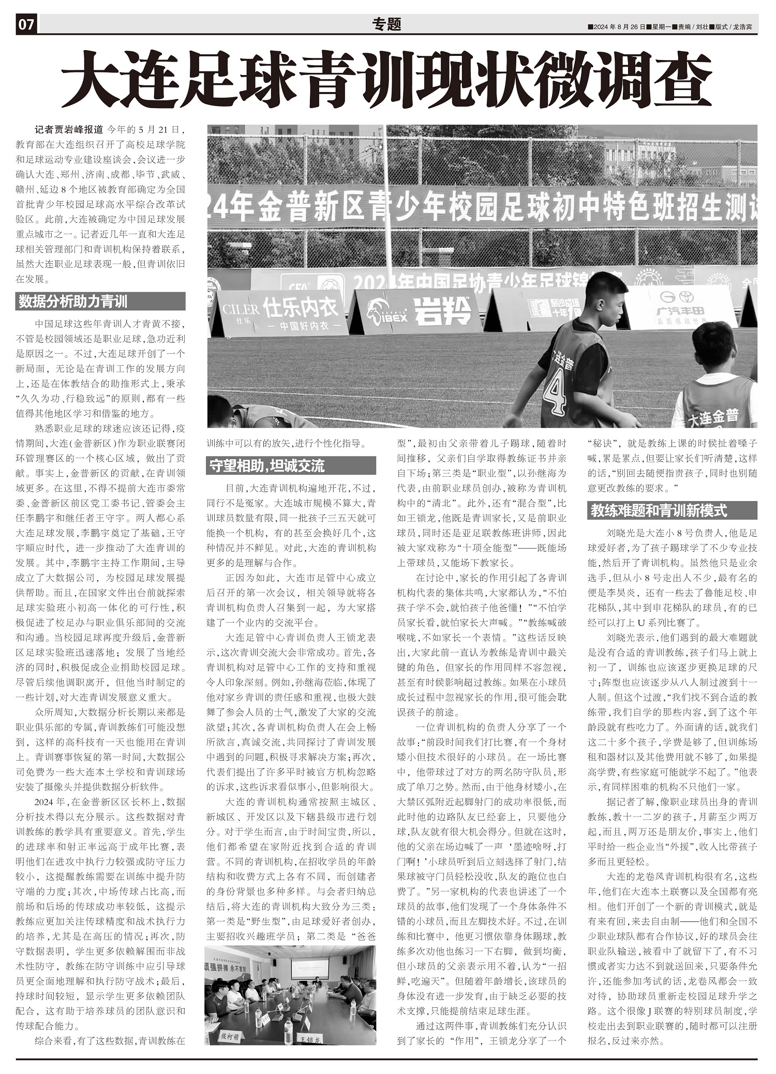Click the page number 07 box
26,25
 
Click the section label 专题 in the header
386,24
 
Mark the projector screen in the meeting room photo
309,969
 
